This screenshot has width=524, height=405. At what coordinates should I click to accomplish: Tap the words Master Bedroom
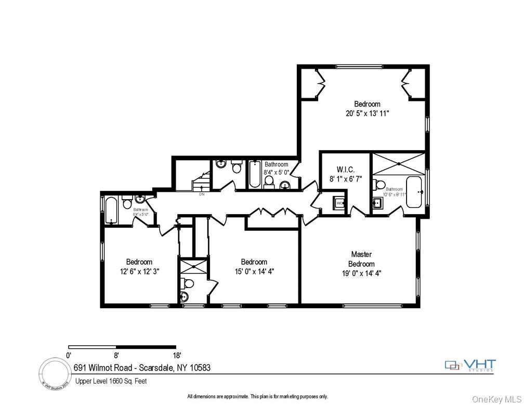[361, 259]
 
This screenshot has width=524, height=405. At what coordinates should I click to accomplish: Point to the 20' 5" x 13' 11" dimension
[367, 113]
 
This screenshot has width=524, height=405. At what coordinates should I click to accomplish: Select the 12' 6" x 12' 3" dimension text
[139, 271]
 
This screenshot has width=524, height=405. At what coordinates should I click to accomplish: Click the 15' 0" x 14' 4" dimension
[254, 271]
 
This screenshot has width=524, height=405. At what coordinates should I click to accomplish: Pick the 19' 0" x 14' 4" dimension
[361, 272]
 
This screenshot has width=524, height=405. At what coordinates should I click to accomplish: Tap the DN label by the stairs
[202, 194]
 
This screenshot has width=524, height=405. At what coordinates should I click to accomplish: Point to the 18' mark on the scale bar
[177, 356]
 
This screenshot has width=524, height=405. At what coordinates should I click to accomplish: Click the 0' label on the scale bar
[69, 356]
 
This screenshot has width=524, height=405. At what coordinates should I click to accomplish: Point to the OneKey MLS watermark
[496, 399]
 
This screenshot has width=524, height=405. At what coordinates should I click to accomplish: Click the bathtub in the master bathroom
[414, 192]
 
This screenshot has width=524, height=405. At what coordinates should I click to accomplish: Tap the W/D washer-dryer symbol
[339, 203]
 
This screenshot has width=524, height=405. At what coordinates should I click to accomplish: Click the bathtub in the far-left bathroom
[111, 211]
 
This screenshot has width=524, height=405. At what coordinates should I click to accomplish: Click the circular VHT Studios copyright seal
[55, 373]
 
